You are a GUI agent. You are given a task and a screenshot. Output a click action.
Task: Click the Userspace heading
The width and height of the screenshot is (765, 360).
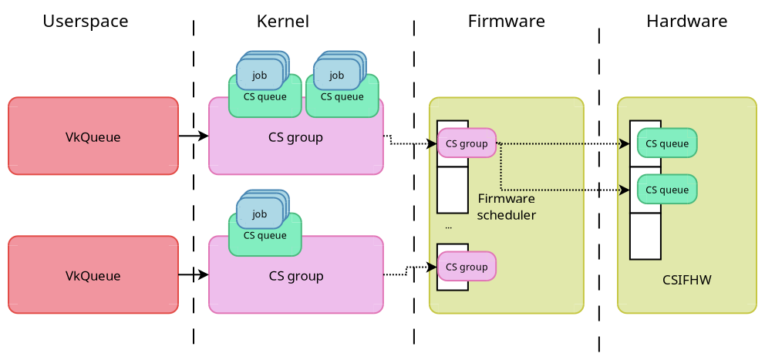(x=86, y=22)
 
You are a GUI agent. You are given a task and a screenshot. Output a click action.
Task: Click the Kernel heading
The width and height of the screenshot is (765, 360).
(x=283, y=22)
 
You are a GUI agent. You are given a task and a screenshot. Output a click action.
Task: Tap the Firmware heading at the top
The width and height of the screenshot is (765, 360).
(x=506, y=22)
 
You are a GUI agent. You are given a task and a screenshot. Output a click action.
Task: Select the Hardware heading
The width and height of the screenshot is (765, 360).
(x=686, y=22)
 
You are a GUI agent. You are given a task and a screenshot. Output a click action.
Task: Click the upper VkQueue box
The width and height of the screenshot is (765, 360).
(x=93, y=136)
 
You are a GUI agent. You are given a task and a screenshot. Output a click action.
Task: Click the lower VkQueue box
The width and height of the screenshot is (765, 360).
(x=93, y=275)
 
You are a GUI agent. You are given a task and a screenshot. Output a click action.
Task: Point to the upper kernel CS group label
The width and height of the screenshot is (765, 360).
(x=295, y=138)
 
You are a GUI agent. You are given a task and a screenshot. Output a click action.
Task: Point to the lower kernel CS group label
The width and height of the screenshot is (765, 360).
(x=295, y=276)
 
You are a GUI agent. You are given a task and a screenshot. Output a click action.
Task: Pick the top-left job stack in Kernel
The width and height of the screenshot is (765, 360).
(x=260, y=75)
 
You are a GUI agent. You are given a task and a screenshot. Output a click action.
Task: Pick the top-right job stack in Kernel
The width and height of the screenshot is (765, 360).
(x=337, y=75)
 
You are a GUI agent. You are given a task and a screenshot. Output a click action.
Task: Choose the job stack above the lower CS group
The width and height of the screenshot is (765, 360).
(x=260, y=214)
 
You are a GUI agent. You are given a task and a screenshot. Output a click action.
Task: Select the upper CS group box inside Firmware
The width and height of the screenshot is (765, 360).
(x=467, y=143)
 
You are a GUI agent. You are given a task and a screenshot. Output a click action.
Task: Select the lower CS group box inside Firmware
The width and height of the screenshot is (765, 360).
(x=467, y=267)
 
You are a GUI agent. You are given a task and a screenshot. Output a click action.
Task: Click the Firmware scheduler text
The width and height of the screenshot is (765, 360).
(x=506, y=207)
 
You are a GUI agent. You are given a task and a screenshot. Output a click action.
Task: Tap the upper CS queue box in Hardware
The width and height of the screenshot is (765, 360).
(x=667, y=143)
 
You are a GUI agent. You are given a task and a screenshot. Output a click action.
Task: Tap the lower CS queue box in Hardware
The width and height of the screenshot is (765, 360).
(x=667, y=190)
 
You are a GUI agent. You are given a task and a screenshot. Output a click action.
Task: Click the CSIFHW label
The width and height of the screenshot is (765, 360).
(x=686, y=280)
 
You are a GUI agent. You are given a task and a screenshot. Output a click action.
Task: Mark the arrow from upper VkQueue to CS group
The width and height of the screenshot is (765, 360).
(x=194, y=136)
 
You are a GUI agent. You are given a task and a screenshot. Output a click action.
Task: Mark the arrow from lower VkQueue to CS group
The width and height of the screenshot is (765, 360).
(x=194, y=274)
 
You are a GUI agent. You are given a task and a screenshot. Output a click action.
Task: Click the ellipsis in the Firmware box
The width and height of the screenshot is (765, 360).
(x=448, y=228)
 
